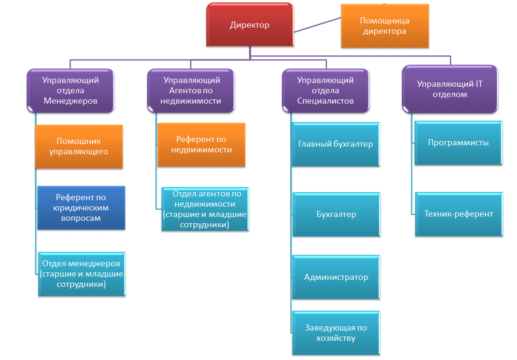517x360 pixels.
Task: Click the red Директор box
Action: coord(250,25)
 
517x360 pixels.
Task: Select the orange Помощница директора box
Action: coord(384,26)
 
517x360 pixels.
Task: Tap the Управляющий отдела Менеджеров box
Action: coord(70,90)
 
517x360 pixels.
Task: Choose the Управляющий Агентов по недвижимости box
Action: coord(191,90)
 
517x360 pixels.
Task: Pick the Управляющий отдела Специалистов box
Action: coord(326,90)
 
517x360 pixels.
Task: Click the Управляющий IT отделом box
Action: coord(450,89)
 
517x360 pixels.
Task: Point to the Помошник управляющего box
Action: coord(79,146)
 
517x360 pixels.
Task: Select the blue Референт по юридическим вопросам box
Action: coord(81,208)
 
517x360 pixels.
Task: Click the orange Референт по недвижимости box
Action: coord(201,144)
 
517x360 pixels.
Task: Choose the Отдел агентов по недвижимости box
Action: coord(205,209)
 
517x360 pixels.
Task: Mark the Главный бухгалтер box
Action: coord(336,144)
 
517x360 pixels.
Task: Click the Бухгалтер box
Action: coord(336,214)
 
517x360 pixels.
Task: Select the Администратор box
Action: coord(336,277)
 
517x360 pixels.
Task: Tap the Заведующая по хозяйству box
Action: coord(336,333)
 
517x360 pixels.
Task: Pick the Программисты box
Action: coord(458,143)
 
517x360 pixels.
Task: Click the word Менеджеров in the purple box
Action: coord(70,101)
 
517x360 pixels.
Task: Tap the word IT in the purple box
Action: coord(479,84)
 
